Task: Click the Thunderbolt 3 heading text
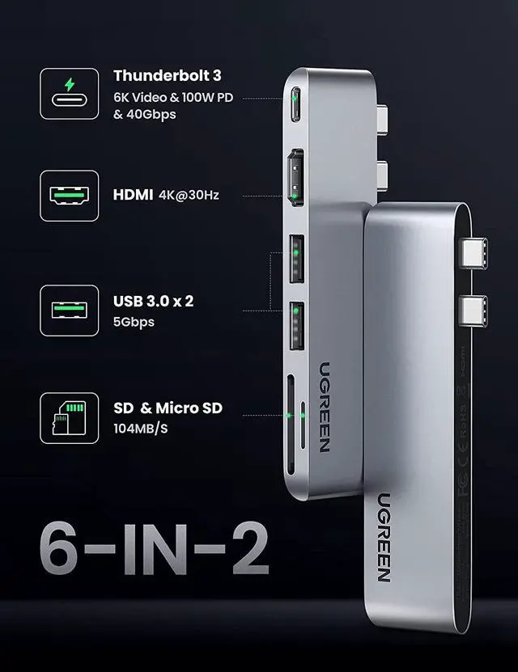tap(167, 76)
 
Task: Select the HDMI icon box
tap(69, 196)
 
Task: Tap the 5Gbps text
tap(134, 322)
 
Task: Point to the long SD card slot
tap(289, 417)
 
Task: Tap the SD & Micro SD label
tap(168, 408)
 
